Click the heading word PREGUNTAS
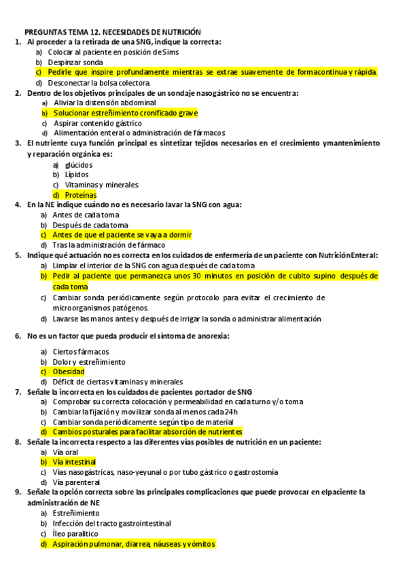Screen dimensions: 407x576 click(46, 32)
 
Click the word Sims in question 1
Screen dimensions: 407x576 click(171, 52)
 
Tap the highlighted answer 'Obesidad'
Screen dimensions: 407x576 click(68, 372)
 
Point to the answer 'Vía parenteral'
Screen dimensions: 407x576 click(76, 482)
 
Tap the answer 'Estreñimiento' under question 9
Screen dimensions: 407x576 click(75, 514)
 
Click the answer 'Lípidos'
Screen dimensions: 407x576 click(77, 175)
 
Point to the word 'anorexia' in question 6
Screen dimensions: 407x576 click(211, 336)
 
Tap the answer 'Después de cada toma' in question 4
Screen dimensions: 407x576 click(90, 225)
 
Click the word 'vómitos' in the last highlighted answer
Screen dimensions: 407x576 click(199, 544)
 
